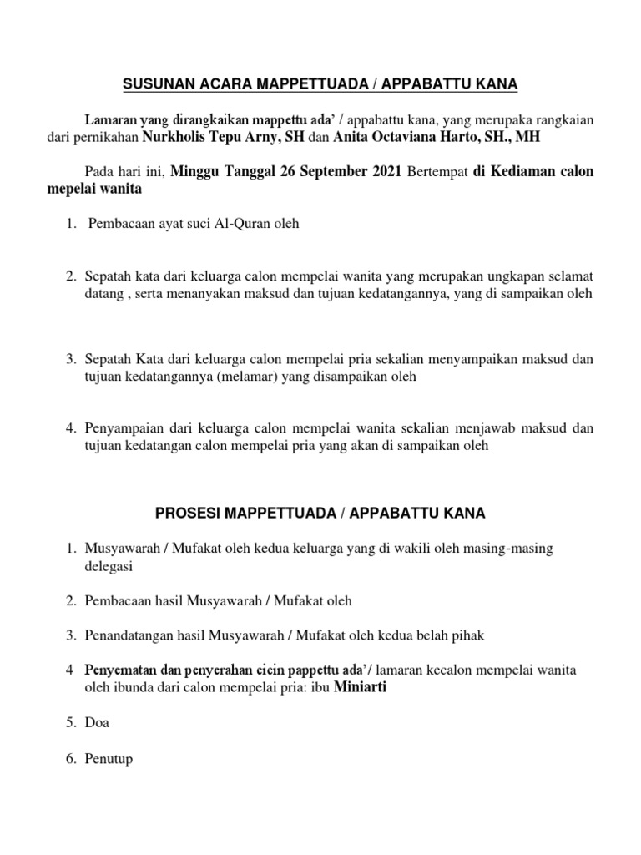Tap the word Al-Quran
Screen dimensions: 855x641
pos(243,224)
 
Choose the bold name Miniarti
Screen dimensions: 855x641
pos(361,688)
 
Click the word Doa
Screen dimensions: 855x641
pos(97,723)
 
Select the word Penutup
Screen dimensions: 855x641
pos(109,760)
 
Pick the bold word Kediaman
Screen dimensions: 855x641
pos(527,172)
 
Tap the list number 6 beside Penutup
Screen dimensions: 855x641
pos(72,760)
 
